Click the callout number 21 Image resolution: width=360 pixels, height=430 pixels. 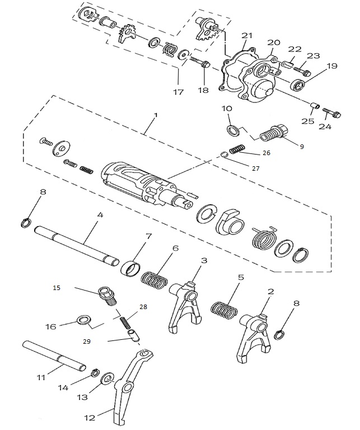[244, 35]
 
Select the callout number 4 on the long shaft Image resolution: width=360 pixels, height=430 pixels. [100, 215]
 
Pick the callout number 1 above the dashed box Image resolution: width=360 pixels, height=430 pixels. [156, 115]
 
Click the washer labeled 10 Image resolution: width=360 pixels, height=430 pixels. [232, 131]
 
